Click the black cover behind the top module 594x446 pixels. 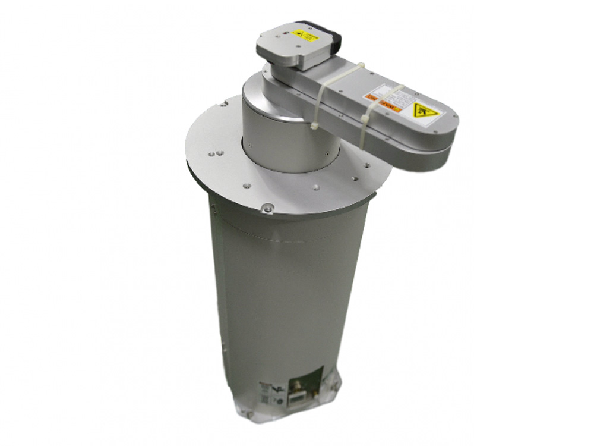click(335, 37)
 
